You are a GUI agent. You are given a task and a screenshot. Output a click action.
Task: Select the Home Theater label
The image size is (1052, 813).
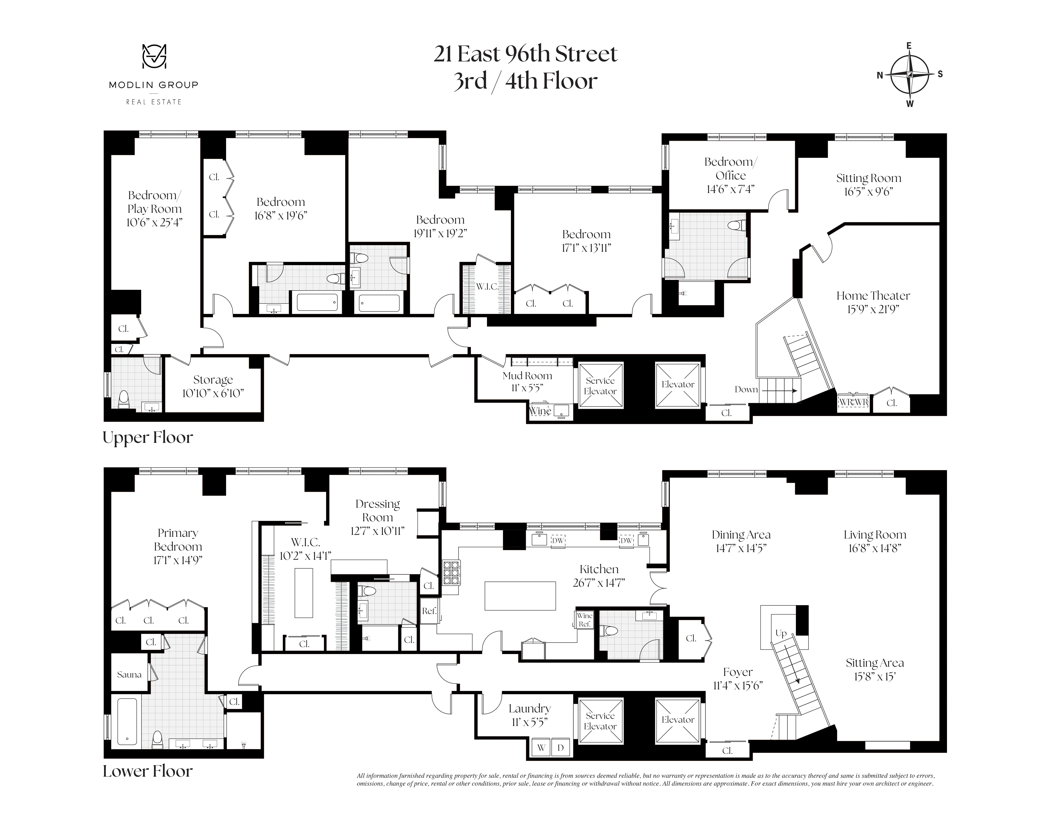point(873,296)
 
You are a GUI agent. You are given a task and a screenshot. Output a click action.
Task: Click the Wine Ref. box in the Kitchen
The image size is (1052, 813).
point(584,620)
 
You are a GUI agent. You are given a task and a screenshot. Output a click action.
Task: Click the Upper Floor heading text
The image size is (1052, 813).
point(148,437)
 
